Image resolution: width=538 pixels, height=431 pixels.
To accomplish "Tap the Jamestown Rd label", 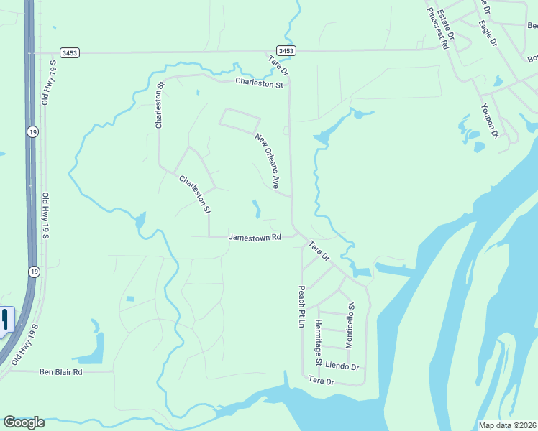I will click(x=254, y=237).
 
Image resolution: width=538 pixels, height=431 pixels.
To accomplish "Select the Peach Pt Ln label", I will click(x=302, y=307).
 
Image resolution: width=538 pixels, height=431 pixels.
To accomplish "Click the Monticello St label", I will click(x=350, y=325).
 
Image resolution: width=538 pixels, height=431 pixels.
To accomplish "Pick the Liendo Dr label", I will click(x=342, y=367).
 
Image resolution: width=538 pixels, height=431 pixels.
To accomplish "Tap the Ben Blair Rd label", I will click(x=61, y=372).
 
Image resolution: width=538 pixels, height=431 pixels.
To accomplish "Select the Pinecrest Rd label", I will click(x=438, y=29).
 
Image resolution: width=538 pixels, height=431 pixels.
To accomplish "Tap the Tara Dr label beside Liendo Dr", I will click(x=321, y=381).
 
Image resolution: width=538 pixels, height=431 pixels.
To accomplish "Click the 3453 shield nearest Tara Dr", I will click(x=286, y=51).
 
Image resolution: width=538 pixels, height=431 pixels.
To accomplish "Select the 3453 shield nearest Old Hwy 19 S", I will click(x=70, y=52).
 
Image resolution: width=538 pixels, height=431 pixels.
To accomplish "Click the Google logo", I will click(x=24, y=422).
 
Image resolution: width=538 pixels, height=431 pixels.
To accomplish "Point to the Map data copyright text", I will click(x=507, y=425).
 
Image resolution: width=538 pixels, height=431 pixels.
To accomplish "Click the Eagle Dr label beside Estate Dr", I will click(x=488, y=32).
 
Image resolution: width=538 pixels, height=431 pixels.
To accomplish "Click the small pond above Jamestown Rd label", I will click(x=256, y=209).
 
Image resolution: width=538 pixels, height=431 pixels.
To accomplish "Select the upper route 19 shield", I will click(x=33, y=131).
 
